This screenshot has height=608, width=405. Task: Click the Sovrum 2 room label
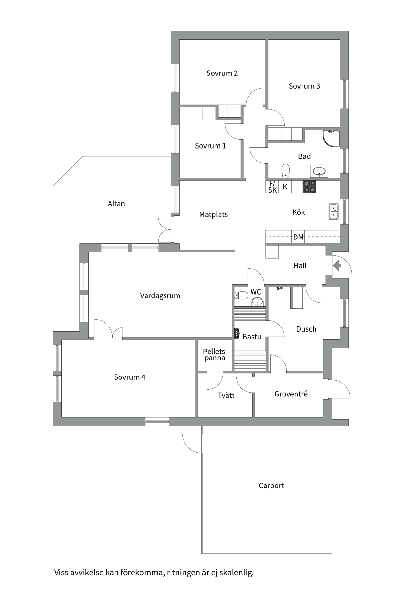tap(222, 73)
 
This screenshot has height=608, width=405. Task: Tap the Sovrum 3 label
tap(304, 86)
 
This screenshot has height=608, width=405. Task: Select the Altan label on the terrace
tap(116, 204)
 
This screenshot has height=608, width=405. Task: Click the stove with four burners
tap(309, 187)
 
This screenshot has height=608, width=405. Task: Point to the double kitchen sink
tap(333, 212)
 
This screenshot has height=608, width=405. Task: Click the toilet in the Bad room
tap(285, 170)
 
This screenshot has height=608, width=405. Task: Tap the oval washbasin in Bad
tap(319, 171)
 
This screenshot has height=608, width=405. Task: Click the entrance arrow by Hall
tap(337, 265)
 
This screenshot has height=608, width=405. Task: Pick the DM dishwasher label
tap(298, 237)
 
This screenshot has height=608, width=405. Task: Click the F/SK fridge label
tap(272, 187)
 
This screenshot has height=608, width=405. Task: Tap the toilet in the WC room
tap(241, 295)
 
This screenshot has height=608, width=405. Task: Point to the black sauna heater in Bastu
tap(236, 334)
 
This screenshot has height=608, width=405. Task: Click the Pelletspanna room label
tap(215, 355)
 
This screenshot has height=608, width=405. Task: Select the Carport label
tap(271, 485)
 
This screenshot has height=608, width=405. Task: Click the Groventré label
tap(291, 394)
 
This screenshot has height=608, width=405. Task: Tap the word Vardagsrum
tap(160, 296)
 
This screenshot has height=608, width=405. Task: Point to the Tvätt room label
tap(226, 395)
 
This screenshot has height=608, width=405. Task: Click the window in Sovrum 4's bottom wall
tap(157, 421)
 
